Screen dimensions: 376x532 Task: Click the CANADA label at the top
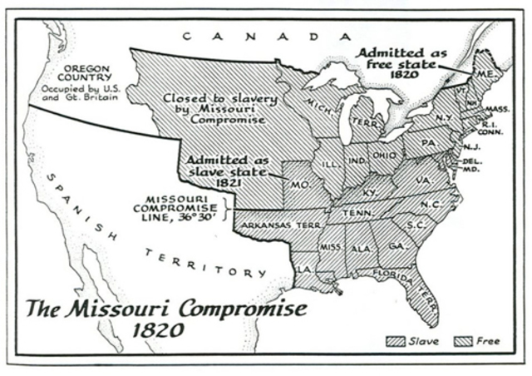click(x=263, y=36)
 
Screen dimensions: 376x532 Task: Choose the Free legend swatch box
click(x=464, y=341)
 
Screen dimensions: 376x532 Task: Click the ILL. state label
click(x=330, y=164)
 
